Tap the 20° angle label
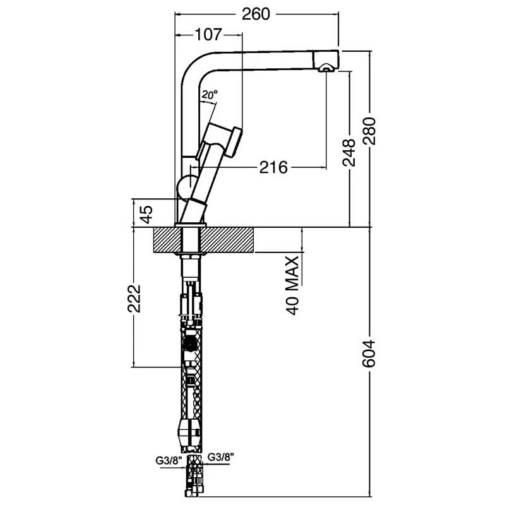pyautogui.click(x=210, y=94)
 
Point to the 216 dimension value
pyautogui.click(x=273, y=167)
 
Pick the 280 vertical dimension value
pyautogui.click(x=371, y=131)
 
